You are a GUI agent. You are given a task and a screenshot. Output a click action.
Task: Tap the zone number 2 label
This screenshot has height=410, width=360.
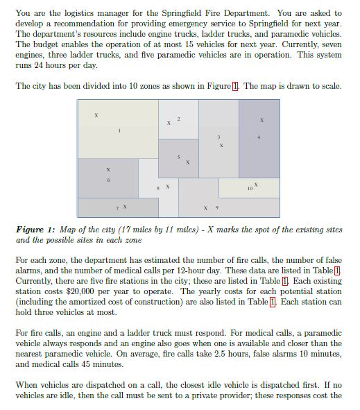tap(178, 119)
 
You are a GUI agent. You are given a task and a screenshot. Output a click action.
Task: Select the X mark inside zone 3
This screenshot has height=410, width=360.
tap(221, 146)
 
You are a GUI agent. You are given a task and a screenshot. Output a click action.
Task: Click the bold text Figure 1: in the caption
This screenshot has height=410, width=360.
tap(36, 229)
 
